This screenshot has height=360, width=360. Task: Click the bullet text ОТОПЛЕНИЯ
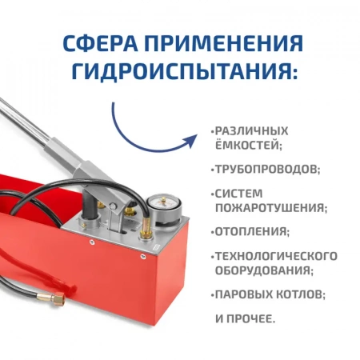[x=251, y=232]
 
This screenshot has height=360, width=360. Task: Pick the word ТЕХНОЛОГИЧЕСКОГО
[x=275, y=256]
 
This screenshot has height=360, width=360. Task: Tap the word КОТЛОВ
[x=299, y=294]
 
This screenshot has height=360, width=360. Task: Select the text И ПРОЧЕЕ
[x=245, y=318]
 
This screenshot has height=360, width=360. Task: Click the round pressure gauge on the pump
[x=166, y=196]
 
